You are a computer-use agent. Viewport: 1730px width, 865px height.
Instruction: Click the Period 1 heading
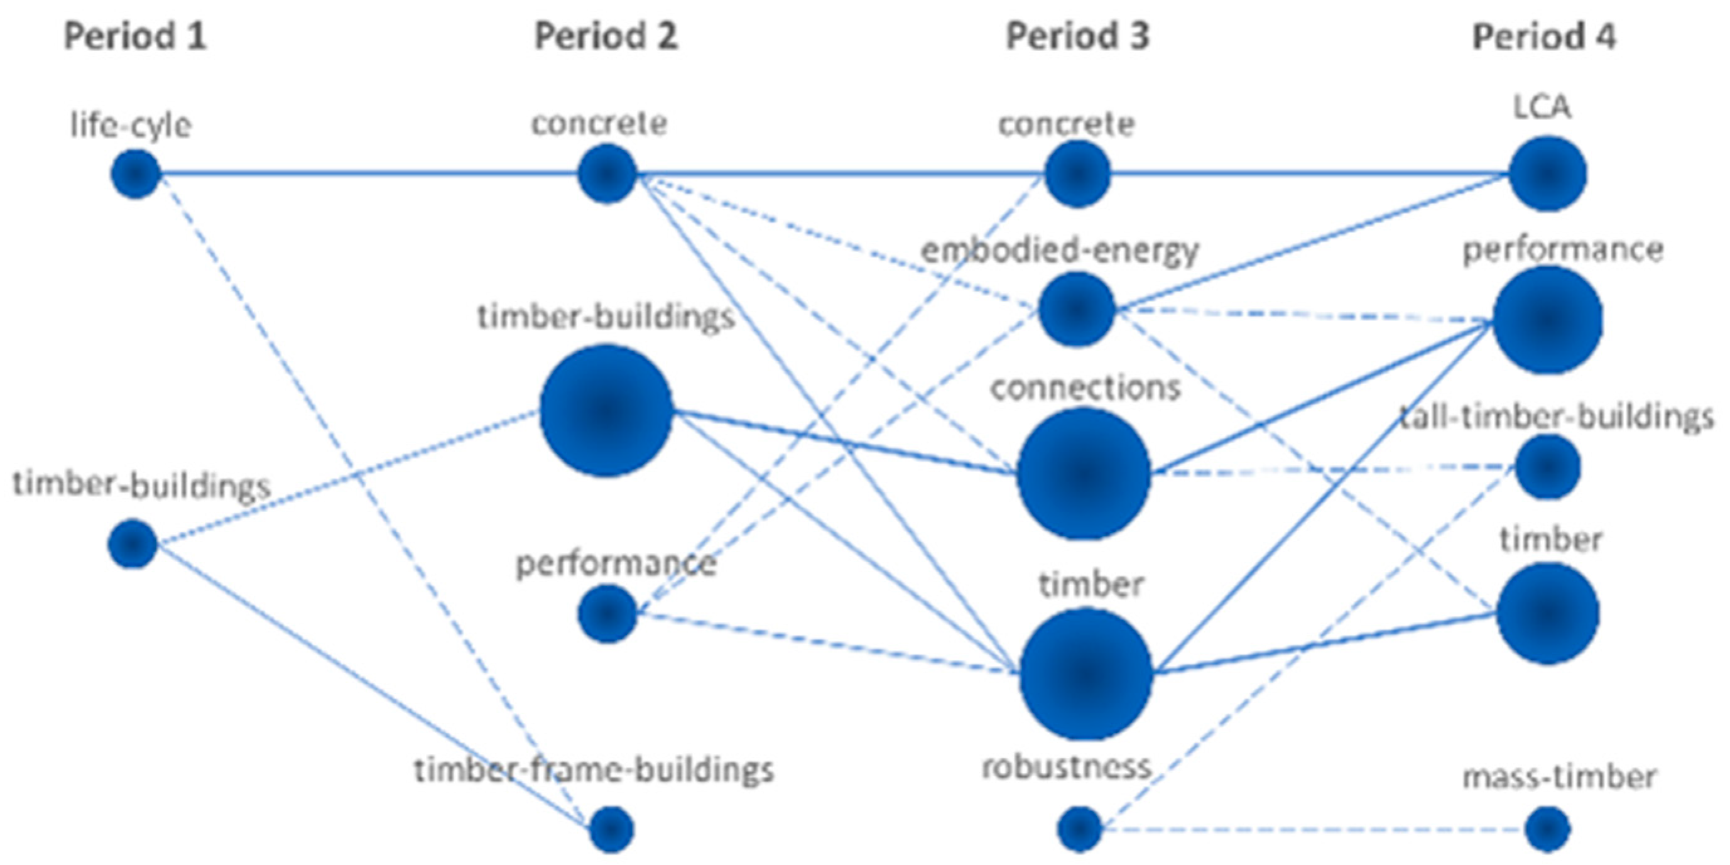[x=134, y=36]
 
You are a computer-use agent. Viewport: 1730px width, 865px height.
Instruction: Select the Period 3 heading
[x=1077, y=36]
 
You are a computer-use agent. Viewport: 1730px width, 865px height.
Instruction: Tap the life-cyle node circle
[x=136, y=174]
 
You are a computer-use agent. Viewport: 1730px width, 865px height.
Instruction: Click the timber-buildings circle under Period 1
[x=133, y=544]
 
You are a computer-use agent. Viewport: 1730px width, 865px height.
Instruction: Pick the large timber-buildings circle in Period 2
[x=606, y=410]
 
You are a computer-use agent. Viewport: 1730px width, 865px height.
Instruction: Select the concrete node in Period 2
[x=607, y=173]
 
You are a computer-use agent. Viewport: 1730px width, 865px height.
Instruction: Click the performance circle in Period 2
[x=607, y=613]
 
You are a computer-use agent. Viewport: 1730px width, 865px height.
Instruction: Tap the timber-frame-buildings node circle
[x=612, y=829]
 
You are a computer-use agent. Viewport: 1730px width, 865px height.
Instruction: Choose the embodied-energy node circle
[x=1077, y=309]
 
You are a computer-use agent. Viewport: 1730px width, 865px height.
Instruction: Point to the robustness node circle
[x=1080, y=829]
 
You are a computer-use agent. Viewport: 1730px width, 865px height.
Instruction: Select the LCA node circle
[x=1548, y=174]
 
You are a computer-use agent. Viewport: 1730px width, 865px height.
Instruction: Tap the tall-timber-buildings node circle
[x=1548, y=467]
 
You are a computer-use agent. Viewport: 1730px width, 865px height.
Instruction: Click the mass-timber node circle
[x=1547, y=829]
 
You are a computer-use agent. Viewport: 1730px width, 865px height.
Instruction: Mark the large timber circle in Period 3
[x=1086, y=673]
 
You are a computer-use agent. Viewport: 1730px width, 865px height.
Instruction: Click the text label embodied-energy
[x=1060, y=251]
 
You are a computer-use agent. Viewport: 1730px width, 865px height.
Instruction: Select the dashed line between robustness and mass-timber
[x=1310, y=830]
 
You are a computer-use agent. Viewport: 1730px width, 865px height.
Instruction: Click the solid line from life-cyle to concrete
[x=369, y=174]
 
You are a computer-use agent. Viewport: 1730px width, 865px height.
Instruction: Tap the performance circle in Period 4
[x=1548, y=320]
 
